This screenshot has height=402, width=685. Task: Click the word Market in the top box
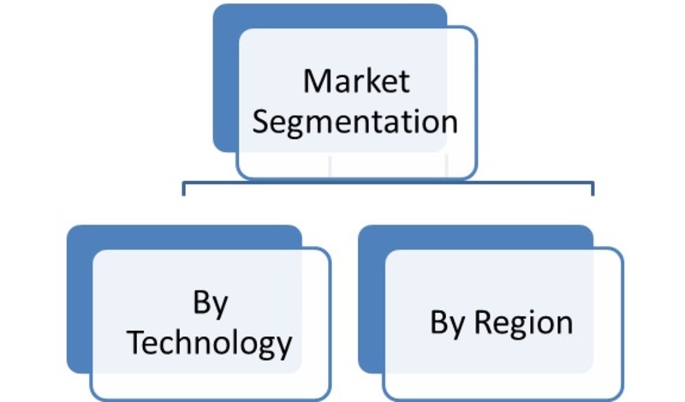[x=356, y=81]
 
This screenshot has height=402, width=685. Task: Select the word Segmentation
[x=355, y=122]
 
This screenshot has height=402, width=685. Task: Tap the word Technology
[x=210, y=343]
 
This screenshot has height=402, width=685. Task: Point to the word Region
[x=523, y=324]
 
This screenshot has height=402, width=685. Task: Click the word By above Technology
[x=210, y=303]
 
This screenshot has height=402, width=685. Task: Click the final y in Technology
[x=284, y=348]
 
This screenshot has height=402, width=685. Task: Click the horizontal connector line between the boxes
[x=388, y=183]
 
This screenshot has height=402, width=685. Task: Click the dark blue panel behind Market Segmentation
[x=225, y=79]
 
